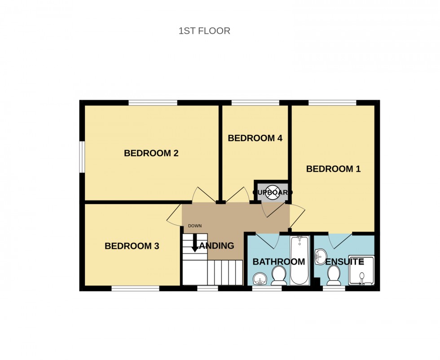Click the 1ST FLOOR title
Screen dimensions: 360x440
204,31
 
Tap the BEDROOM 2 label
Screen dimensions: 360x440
151,153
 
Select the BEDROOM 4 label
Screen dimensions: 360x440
255,138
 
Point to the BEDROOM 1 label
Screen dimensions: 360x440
333,169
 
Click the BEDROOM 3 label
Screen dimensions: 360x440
132,246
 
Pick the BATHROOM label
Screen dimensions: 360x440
278,262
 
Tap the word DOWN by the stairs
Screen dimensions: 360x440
195,226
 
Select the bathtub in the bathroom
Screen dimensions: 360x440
299,260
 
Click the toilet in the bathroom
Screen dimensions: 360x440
279,275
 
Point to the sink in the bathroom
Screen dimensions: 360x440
260,279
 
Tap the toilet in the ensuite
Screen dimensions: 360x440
334,275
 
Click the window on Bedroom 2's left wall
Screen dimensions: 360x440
82,156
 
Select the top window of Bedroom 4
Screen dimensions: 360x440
255,102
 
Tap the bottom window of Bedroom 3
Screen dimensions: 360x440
135,289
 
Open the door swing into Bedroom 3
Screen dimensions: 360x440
174,216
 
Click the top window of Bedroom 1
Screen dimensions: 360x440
333,102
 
